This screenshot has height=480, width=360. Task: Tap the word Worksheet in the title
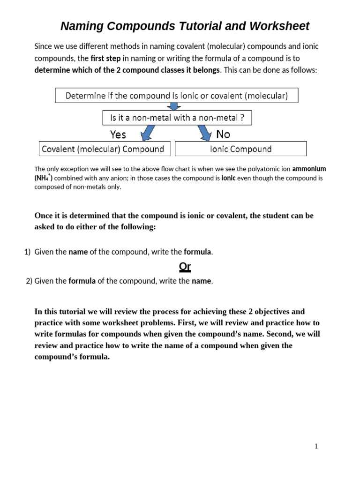pyautogui.click(x=280, y=26)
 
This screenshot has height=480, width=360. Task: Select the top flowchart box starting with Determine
pyautogui.click(x=177, y=96)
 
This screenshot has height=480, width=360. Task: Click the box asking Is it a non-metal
pyautogui.click(x=177, y=118)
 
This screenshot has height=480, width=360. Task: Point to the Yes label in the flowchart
pyautogui.click(x=118, y=135)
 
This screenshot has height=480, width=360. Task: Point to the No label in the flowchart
pyautogui.click(x=223, y=134)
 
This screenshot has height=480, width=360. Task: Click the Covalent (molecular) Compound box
pyautogui.click(x=103, y=149)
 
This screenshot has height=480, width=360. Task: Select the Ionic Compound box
pyautogui.click(x=240, y=149)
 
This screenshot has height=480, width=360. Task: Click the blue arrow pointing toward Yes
pyautogui.click(x=147, y=133)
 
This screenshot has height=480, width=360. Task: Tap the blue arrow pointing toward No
pyautogui.click(x=204, y=133)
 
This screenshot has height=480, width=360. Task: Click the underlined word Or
pyautogui.click(x=185, y=267)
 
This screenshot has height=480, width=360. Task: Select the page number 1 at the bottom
pyautogui.click(x=316, y=446)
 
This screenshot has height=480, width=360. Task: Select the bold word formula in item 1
pyautogui.click(x=197, y=252)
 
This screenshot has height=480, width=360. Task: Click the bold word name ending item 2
pyautogui.click(x=202, y=281)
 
